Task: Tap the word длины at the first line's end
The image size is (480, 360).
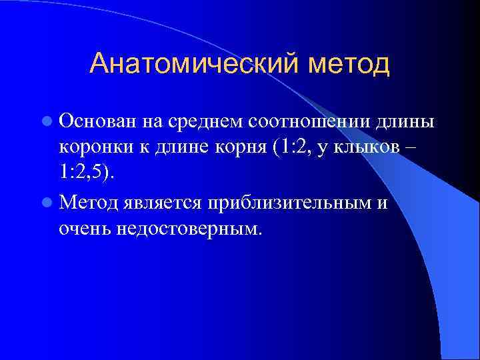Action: click(406, 122)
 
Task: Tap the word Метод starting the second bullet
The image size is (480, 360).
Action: click(87, 202)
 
